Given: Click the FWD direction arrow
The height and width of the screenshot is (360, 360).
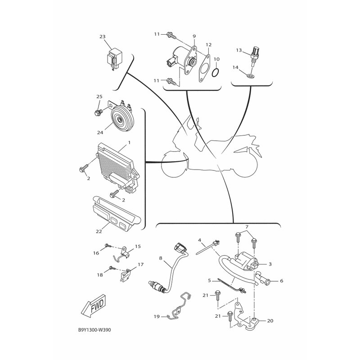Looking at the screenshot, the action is pyautogui.click(x=94, y=306).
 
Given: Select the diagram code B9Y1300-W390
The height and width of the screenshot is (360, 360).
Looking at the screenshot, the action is pyautogui.click(x=94, y=330).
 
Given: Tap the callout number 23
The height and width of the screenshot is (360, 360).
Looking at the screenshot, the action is pyautogui.click(x=103, y=37).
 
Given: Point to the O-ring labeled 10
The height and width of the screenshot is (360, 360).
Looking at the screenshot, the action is pyautogui.click(x=216, y=72).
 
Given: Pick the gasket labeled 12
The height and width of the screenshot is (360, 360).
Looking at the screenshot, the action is pyautogui.click(x=204, y=68).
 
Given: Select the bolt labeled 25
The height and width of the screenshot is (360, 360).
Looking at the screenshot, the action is pyautogui.click(x=98, y=112).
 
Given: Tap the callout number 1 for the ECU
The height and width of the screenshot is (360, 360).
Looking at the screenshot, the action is pyautogui.click(x=129, y=143).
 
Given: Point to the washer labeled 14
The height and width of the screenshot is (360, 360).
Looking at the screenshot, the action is pyautogui.click(x=251, y=76).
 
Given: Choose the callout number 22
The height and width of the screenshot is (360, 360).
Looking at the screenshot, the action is pyautogui.click(x=99, y=231).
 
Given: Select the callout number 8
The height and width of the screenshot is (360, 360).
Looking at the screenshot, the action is pyautogui.click(x=161, y=258).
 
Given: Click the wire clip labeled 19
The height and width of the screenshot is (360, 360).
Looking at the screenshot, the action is pyautogui.click(x=179, y=306).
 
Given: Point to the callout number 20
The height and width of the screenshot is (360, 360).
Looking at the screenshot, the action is pyautogui.click(x=270, y=321).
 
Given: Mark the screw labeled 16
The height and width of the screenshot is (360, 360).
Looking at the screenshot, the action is pyautogui.click(x=108, y=246).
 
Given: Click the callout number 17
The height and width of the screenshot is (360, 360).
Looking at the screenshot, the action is pyautogui.click(x=140, y=265).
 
